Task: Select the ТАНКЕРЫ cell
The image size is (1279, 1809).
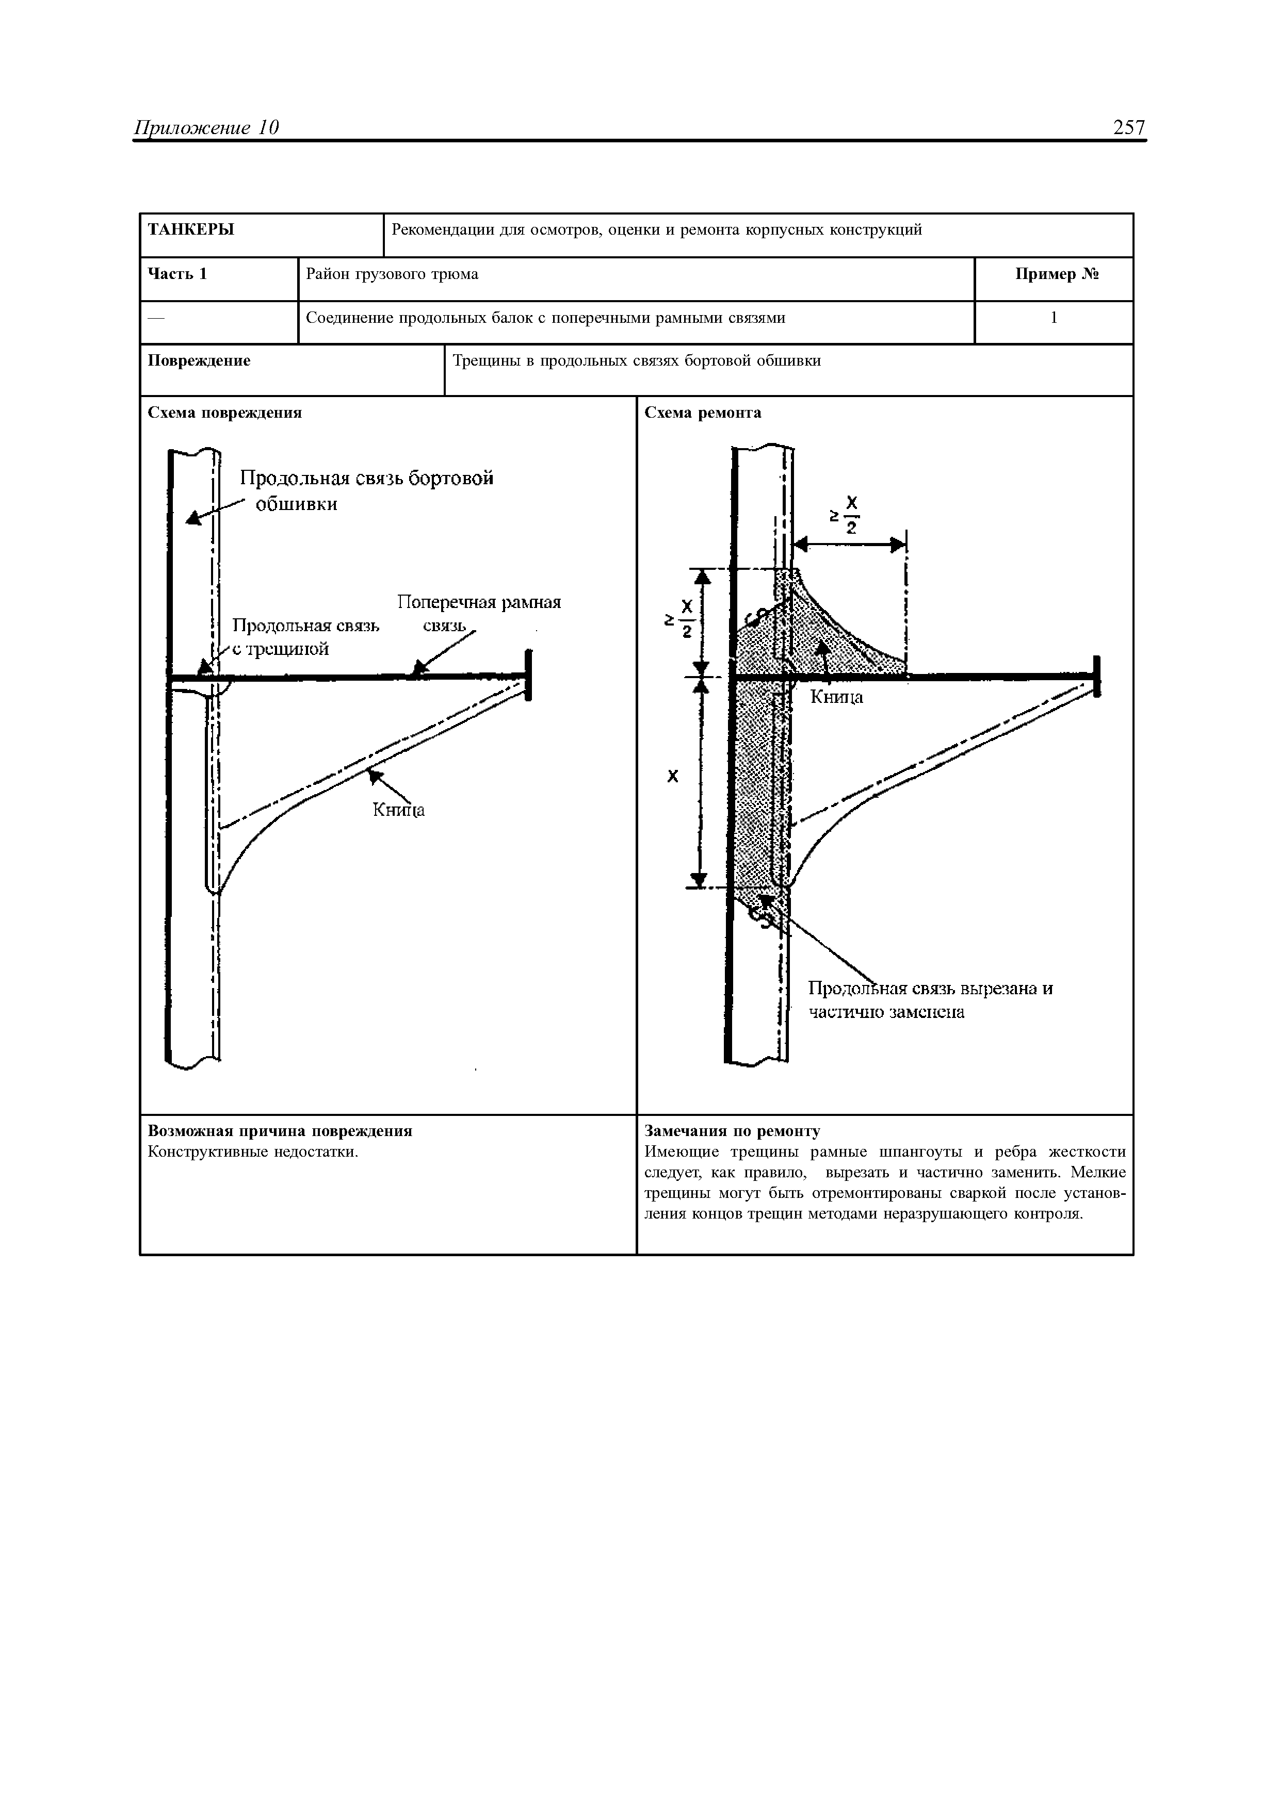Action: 191,230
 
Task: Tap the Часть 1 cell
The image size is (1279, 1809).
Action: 178,274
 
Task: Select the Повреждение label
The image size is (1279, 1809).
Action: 199,361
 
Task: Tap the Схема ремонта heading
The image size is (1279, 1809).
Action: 703,413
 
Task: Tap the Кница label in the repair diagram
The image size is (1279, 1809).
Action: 837,697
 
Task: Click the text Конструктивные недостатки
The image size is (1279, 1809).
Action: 253,1152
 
